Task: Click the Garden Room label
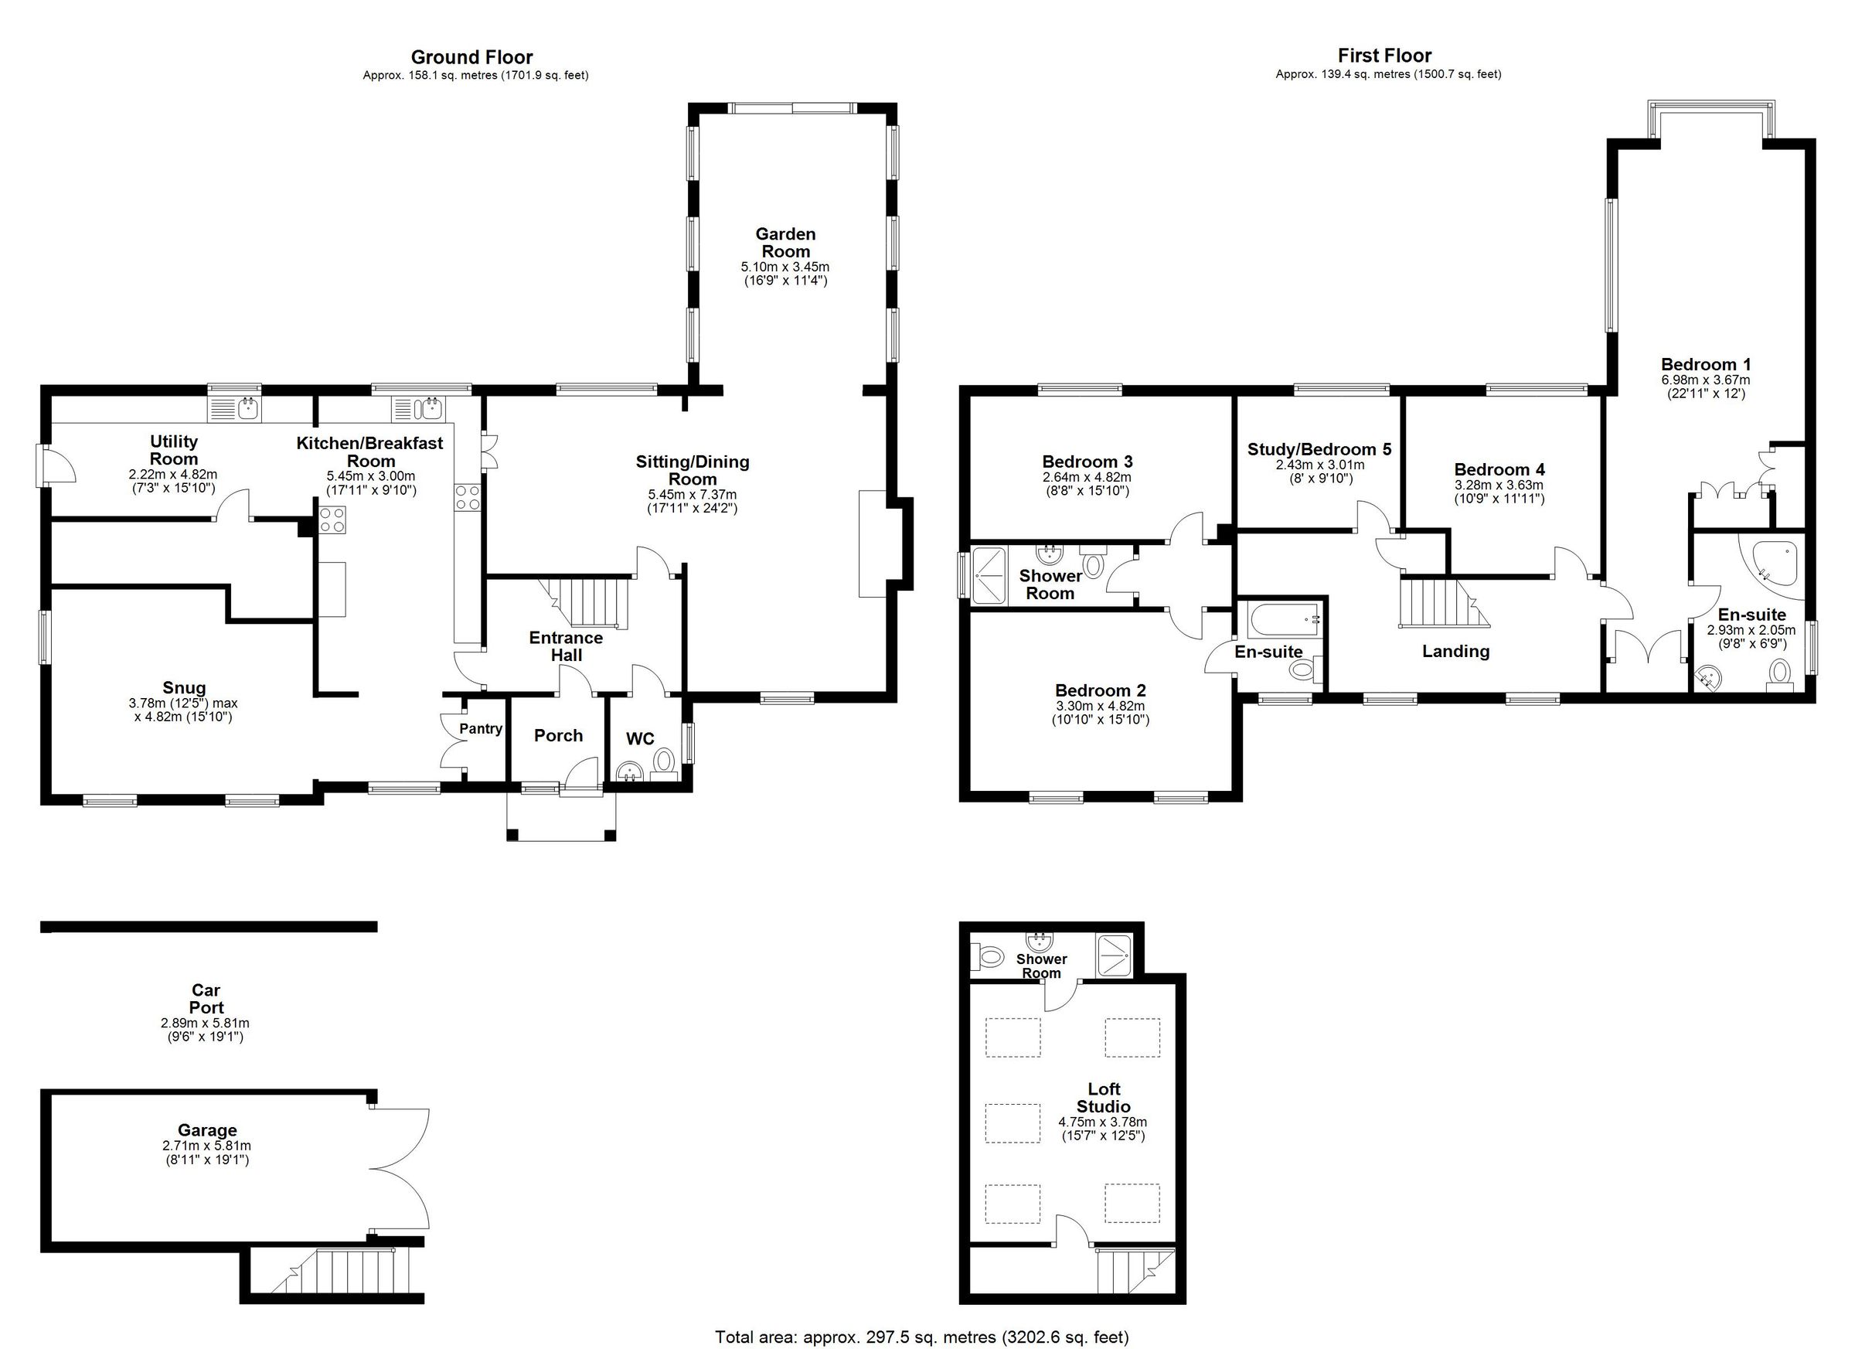pos(785,243)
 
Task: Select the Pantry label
pos(480,729)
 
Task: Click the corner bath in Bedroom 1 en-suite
pos(1775,562)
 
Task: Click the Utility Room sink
pos(236,407)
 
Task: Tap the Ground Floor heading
pos(471,57)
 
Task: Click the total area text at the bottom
pos(922,1337)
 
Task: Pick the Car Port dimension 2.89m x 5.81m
pos(206,1023)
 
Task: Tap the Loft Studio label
pos(1104,1097)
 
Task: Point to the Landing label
pos(1455,651)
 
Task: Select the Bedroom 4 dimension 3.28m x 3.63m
pos(1499,485)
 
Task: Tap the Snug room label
pos(184,688)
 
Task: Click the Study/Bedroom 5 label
pos(1319,449)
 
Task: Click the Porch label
pos(558,735)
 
